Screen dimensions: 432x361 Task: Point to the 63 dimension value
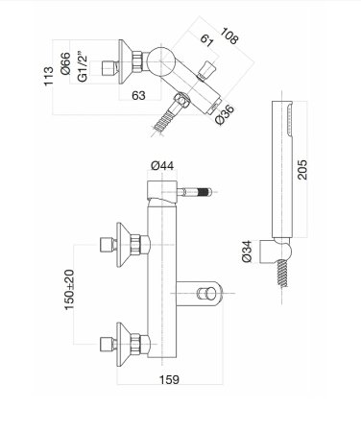click(x=140, y=94)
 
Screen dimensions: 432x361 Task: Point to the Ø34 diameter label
click(x=249, y=252)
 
